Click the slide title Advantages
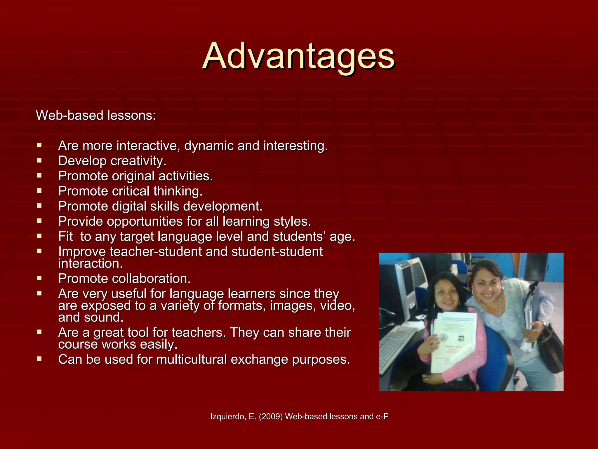(x=298, y=56)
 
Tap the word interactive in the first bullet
(x=148, y=146)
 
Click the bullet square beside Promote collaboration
(x=39, y=278)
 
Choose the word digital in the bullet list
(x=129, y=206)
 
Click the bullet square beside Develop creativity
(x=39, y=160)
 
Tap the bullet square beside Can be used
(x=39, y=359)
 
